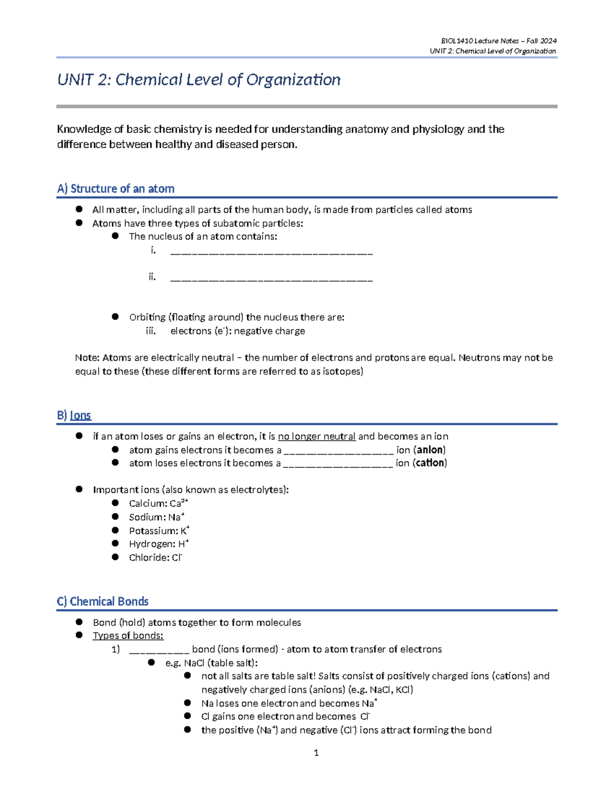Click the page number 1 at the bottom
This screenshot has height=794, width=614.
316,753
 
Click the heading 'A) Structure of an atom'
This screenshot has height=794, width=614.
116,189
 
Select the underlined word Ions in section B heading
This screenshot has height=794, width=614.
80,415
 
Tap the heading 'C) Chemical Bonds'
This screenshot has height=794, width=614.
103,601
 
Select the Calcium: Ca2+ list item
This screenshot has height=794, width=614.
158,503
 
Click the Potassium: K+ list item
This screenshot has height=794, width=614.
159,531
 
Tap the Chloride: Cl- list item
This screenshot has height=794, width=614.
155,557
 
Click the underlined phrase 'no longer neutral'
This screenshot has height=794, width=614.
316,436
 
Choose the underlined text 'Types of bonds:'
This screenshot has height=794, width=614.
128,636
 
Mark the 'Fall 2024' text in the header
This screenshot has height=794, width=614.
541,41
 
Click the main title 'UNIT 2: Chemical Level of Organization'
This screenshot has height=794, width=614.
199,80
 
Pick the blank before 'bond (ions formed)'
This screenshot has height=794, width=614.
159,650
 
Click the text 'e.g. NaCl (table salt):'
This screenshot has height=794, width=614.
211,663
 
